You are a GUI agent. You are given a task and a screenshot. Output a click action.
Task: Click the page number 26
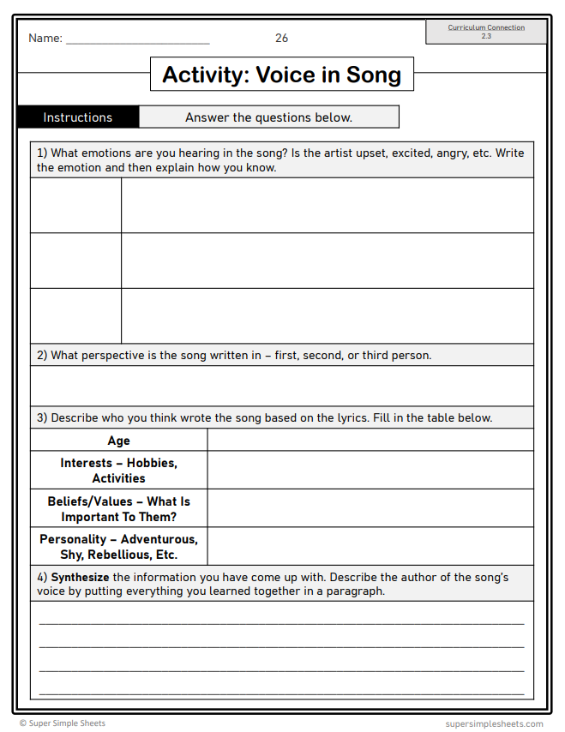[x=281, y=38]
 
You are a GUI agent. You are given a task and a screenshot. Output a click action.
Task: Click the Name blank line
[x=137, y=40]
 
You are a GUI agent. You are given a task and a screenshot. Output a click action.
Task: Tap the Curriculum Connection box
[x=486, y=32]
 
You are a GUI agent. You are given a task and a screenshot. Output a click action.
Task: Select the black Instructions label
[x=78, y=117]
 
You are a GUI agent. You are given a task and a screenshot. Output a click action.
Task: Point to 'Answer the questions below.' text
[x=268, y=117]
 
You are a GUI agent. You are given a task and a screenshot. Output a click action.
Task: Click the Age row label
[x=119, y=441]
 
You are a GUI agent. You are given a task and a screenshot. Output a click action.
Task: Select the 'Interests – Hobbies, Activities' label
[x=119, y=471]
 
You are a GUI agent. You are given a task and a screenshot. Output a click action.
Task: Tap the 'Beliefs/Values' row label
[x=119, y=509]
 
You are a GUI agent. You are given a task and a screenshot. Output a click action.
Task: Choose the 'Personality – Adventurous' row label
[x=119, y=547]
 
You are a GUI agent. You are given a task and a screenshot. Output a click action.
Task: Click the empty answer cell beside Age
[x=370, y=441]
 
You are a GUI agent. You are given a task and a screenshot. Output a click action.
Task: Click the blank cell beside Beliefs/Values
[x=370, y=508]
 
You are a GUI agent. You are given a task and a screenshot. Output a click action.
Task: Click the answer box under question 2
[x=281, y=386]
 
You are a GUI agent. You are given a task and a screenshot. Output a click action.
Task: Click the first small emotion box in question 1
[x=75, y=206]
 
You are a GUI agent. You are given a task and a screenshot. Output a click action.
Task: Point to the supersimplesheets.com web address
[x=494, y=723]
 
